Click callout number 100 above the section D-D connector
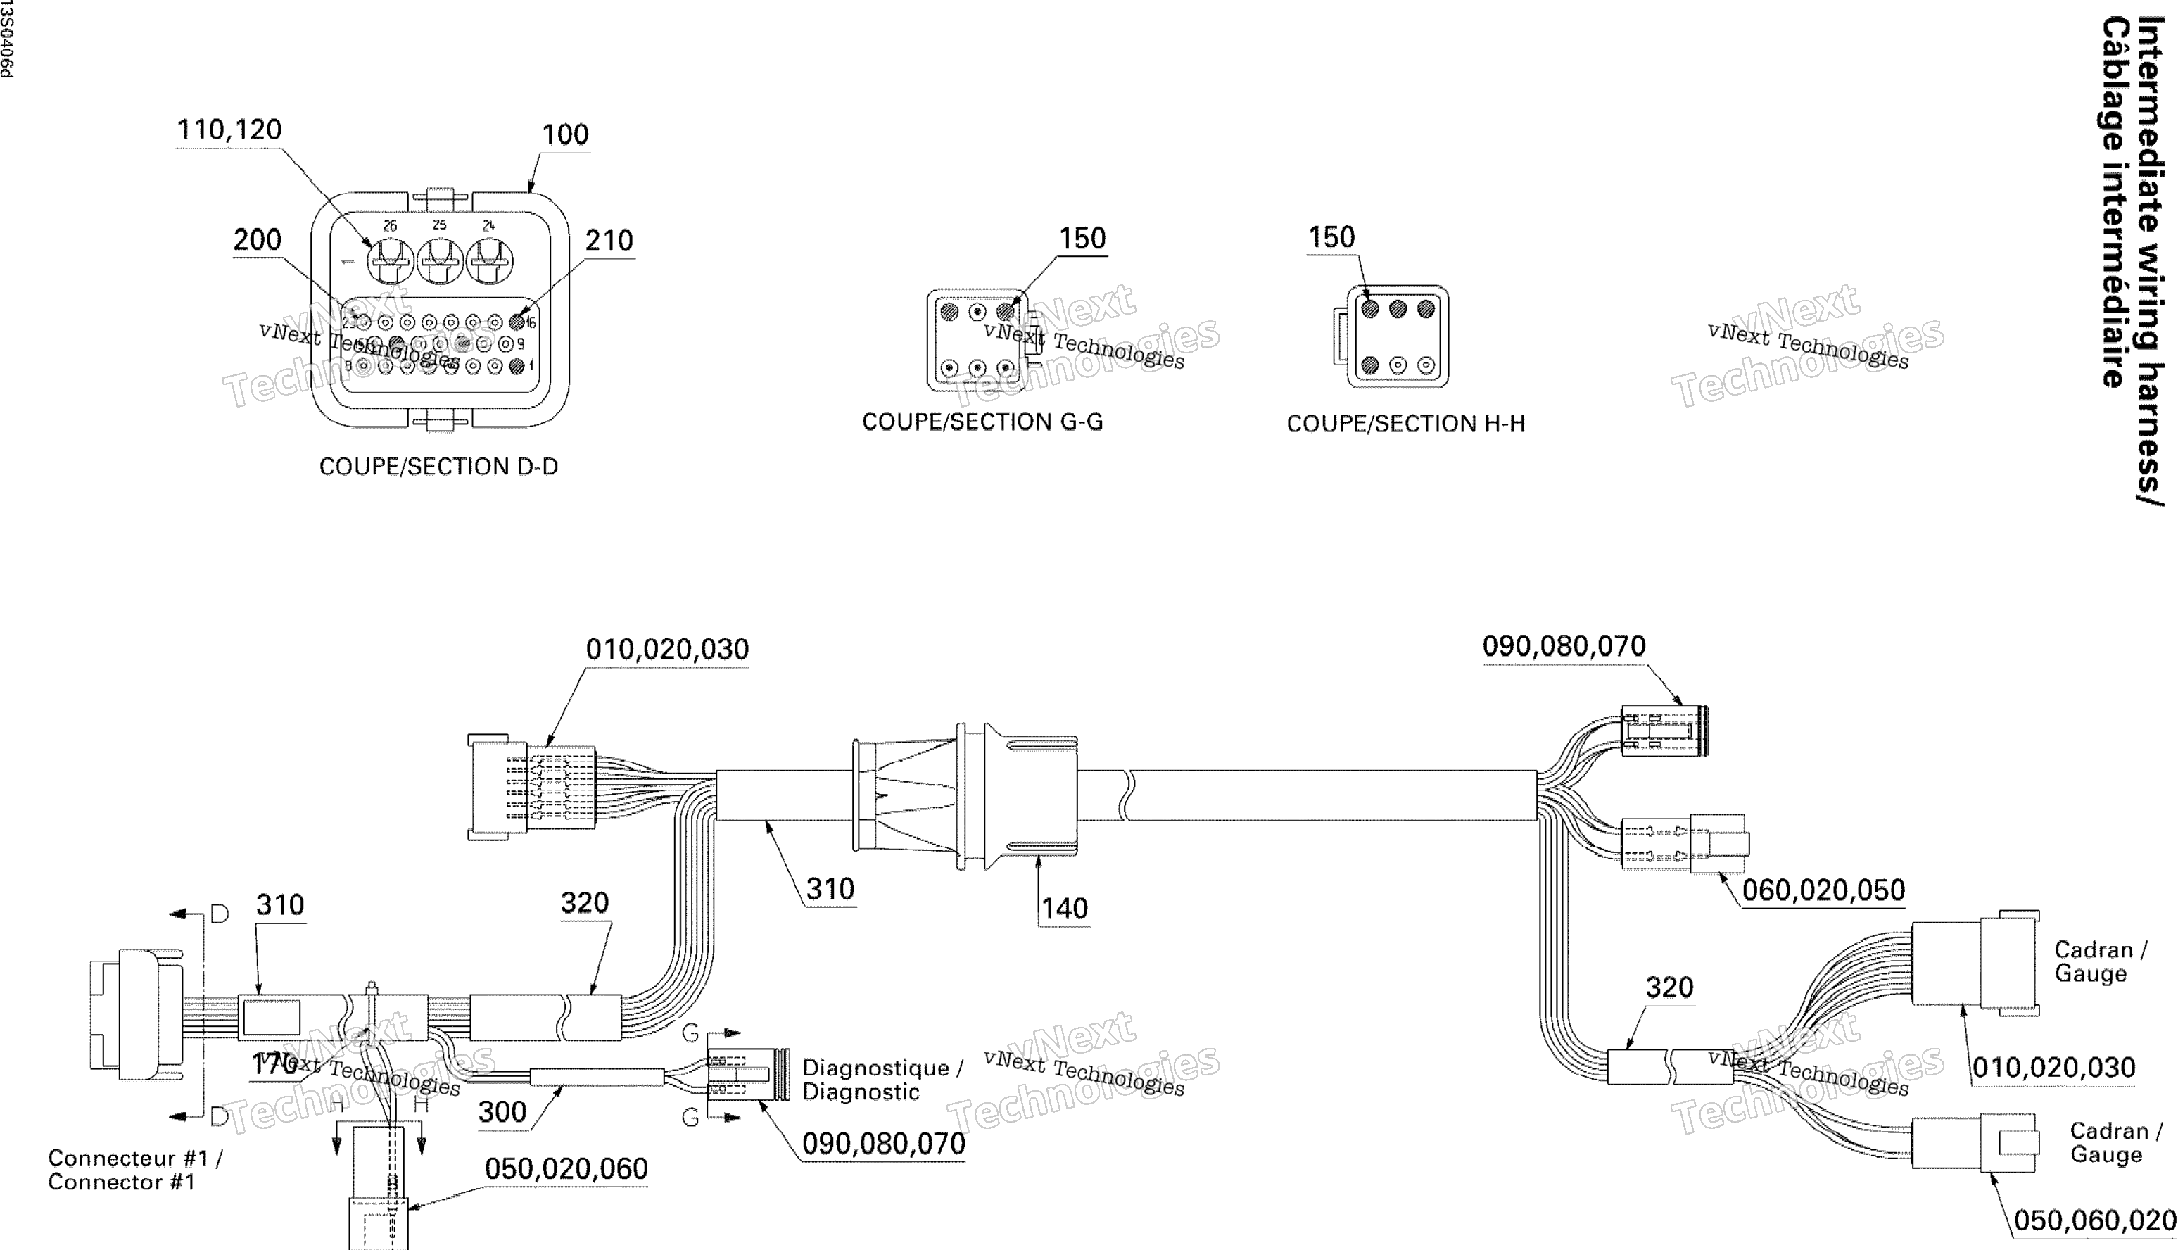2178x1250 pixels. point(566,135)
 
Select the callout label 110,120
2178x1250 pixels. point(229,130)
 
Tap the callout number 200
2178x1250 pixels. point(258,239)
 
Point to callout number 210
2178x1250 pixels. point(609,241)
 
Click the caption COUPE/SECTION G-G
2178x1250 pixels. point(982,422)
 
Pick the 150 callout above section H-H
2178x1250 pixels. point(1331,238)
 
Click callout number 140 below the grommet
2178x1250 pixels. point(1064,909)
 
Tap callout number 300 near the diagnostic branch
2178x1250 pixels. point(502,1112)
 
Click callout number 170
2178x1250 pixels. point(274,1065)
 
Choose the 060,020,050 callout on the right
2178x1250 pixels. point(1823,890)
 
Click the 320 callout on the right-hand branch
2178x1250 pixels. point(1669,987)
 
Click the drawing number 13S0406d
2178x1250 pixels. point(6,39)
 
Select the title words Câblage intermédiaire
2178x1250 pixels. point(2116,202)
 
